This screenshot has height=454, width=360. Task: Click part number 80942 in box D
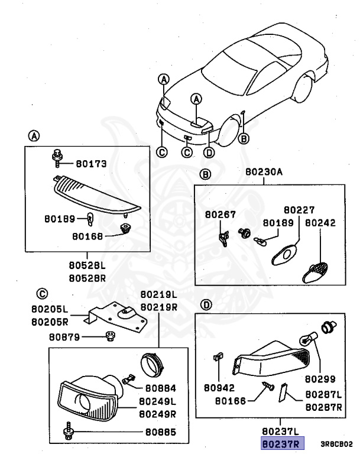coord(219,388)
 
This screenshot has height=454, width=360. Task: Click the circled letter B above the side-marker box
coord(205,174)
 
